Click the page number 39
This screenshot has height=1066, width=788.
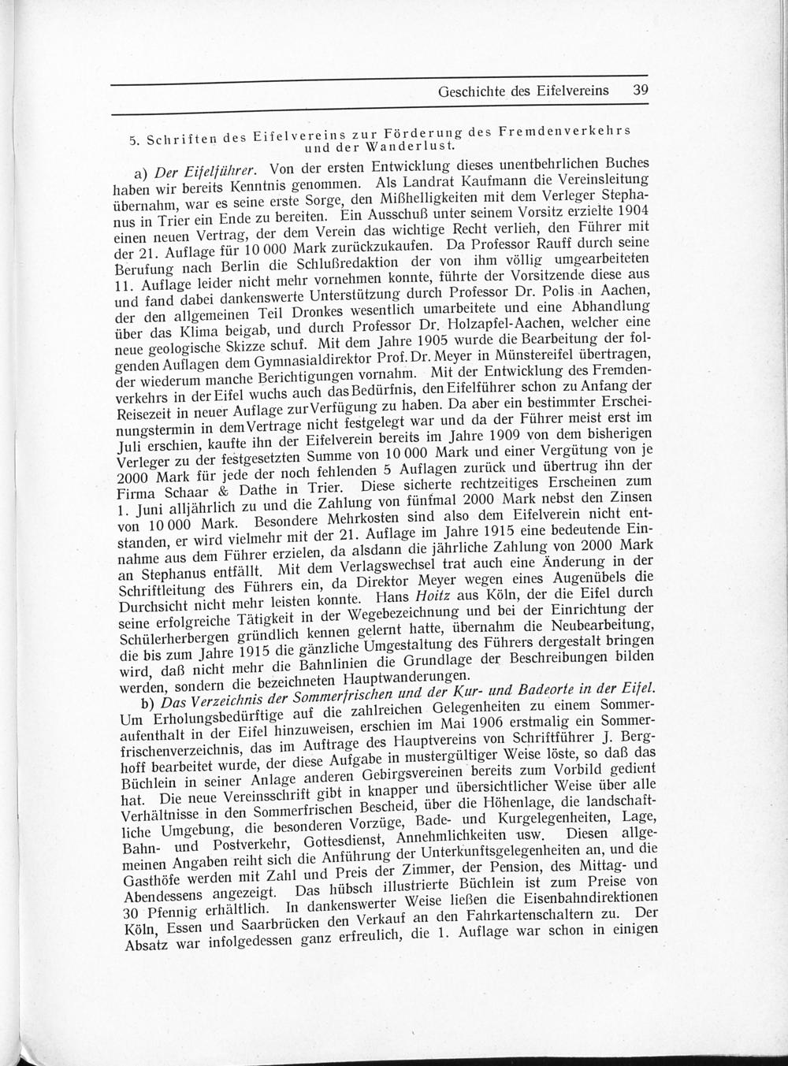(639, 90)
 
